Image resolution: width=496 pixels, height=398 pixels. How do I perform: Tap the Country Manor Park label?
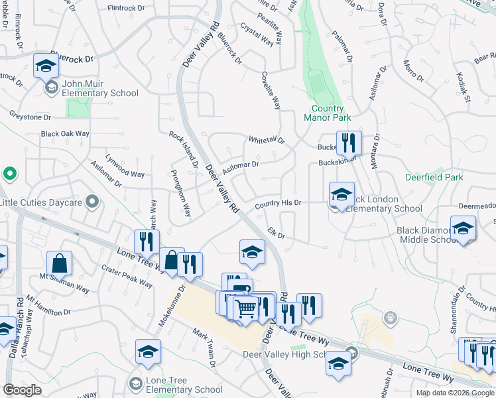(327, 113)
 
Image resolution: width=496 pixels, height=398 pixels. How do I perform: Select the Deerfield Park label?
(434, 177)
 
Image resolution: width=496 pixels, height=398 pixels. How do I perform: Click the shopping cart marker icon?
(245, 307)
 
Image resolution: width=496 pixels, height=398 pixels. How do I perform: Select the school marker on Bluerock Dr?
(46, 65)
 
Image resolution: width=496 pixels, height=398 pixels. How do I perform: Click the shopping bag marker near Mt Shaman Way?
(59, 263)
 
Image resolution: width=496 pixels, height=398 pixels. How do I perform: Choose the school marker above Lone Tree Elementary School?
(148, 352)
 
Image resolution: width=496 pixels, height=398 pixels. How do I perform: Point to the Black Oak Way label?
(65, 133)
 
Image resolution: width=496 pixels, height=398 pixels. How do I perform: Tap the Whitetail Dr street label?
(266, 141)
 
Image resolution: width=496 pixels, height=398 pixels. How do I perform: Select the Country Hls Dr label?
(278, 203)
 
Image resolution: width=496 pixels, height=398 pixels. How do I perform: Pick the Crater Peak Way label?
(127, 276)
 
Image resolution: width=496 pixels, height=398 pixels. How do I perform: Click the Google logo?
(22, 390)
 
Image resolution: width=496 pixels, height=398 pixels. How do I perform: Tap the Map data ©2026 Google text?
(454, 393)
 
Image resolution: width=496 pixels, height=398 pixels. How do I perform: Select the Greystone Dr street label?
(30, 117)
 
